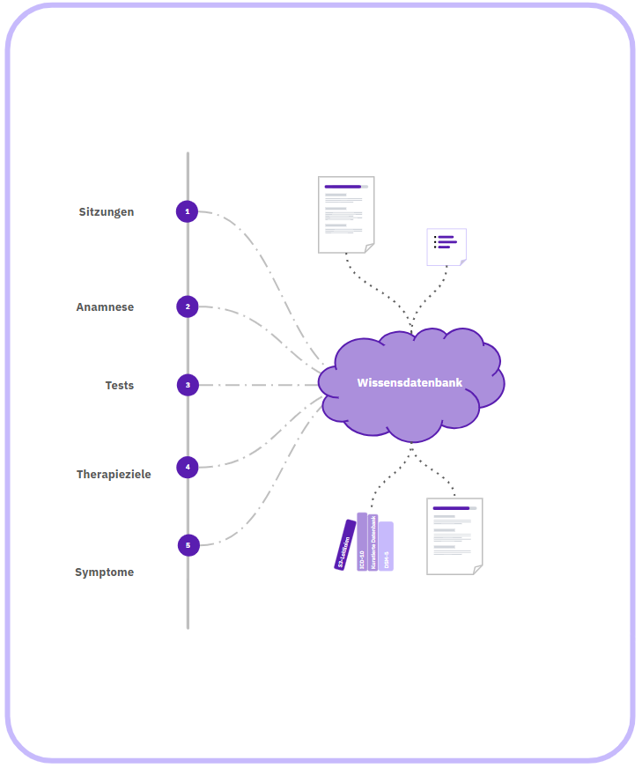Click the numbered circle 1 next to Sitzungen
point(187,211)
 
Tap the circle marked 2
point(187,306)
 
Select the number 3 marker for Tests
point(187,385)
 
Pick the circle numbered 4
point(188,467)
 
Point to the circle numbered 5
point(188,545)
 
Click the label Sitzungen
point(107,212)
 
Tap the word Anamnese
point(105,307)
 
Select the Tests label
point(120,386)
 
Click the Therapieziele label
point(114,475)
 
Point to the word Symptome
point(104,572)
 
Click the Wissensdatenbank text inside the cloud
point(410,382)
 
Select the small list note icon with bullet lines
point(446,246)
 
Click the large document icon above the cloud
point(346,214)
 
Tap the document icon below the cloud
point(454,535)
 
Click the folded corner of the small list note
point(462,262)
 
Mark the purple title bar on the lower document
point(451,508)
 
